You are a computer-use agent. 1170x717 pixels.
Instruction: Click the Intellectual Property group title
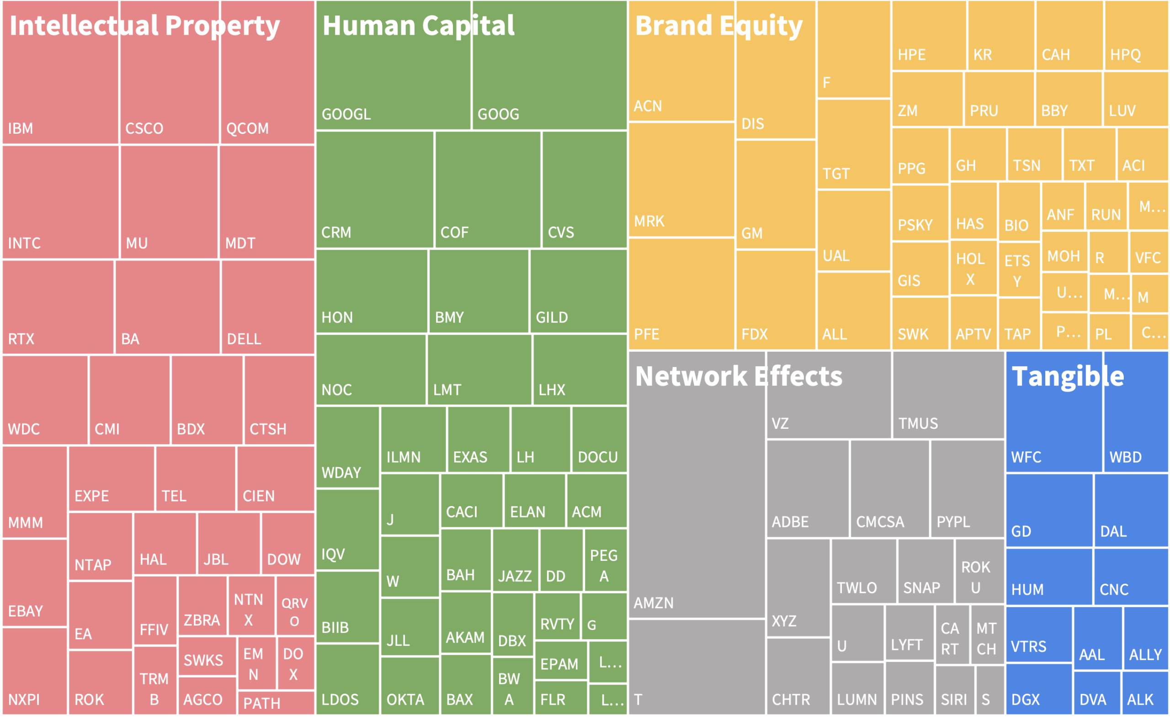click(144, 26)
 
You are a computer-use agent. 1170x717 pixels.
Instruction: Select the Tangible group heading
click(1068, 377)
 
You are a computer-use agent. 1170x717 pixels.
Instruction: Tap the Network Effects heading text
click(739, 377)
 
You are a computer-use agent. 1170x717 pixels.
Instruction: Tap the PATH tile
click(276, 703)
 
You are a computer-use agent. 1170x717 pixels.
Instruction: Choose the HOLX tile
click(973, 268)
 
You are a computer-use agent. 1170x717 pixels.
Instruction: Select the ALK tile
click(1144, 693)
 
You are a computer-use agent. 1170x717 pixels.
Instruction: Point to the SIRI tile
click(954, 691)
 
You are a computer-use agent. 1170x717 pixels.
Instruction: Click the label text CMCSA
click(880, 522)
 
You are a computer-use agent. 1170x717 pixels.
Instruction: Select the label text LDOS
click(340, 700)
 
